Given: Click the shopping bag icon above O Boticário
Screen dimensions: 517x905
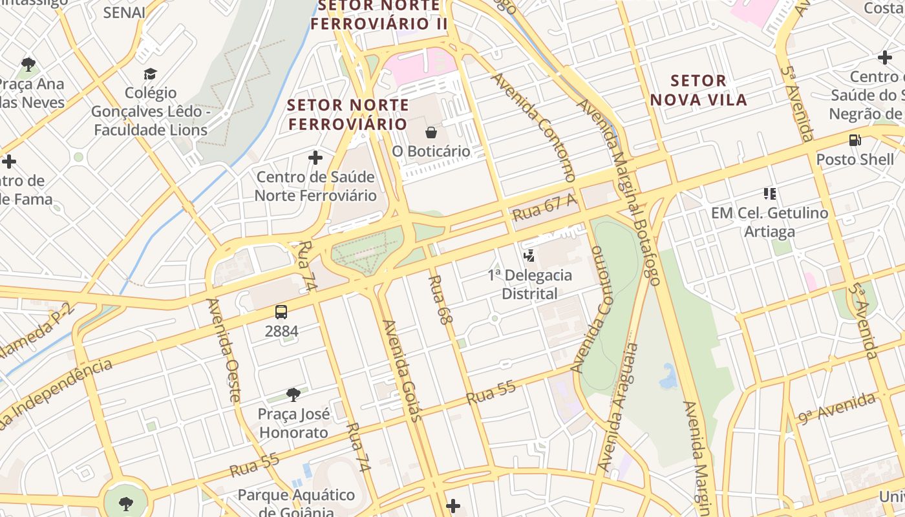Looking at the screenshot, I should click(431, 132).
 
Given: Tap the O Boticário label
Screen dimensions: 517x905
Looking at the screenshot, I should click(431, 151).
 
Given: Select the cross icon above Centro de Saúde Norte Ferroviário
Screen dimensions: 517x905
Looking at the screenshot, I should click(315, 158).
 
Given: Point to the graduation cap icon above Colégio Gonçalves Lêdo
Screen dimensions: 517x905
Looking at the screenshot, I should click(151, 74).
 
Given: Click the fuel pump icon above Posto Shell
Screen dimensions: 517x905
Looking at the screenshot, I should click(855, 140).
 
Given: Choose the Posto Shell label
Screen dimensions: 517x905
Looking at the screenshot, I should click(855, 159).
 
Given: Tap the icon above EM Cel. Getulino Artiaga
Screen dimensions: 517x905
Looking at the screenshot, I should click(769, 193).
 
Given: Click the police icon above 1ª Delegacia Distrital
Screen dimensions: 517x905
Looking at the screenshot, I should click(529, 256).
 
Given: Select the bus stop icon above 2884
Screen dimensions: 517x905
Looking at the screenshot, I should click(281, 312).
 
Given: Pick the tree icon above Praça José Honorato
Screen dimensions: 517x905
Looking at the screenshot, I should click(293, 394).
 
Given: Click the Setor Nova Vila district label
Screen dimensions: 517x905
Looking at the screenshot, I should click(698, 90).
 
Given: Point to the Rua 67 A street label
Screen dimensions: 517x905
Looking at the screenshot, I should click(544, 207).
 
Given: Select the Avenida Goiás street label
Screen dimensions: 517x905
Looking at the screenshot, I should click(403, 371).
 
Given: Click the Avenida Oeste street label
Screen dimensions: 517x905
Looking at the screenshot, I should click(224, 350).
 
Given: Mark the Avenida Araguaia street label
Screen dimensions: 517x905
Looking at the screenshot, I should click(617, 408).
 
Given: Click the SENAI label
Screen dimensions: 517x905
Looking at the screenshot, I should click(124, 12).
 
